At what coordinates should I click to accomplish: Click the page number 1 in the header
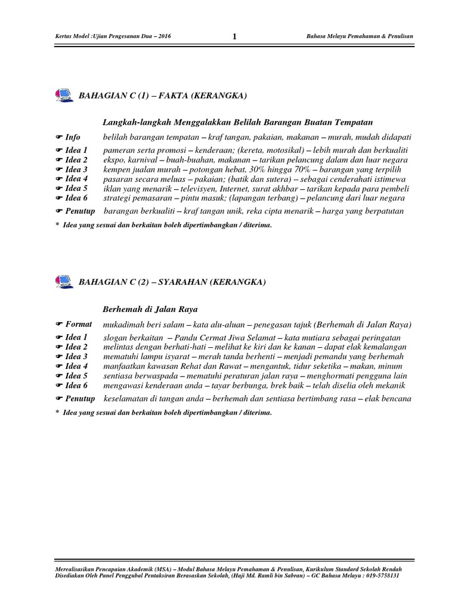tap(234, 37)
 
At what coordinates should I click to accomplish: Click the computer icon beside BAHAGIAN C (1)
tap(61, 95)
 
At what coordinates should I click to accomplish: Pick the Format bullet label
tap(78, 324)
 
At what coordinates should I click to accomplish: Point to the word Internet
tap(237, 188)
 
